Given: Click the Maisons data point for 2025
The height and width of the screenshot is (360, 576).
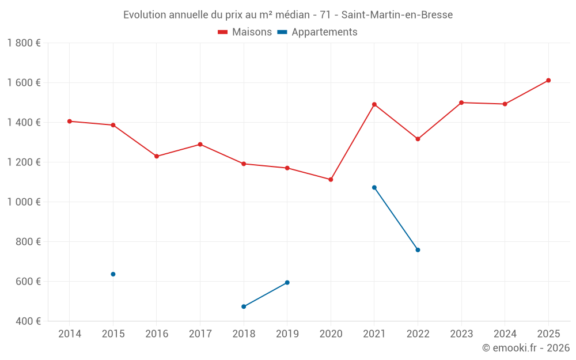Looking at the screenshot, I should pyautogui.click(x=548, y=81).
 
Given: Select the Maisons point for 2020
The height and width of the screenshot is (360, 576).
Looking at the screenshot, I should pyautogui.click(x=331, y=180).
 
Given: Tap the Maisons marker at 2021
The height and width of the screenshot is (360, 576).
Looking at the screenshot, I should pyautogui.click(x=374, y=104).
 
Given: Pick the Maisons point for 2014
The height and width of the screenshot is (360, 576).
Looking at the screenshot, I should pyautogui.click(x=70, y=122).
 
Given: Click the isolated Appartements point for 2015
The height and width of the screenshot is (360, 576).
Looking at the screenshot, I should pyautogui.click(x=113, y=274).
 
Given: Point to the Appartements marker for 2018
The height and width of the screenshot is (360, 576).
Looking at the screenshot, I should pyautogui.click(x=244, y=306).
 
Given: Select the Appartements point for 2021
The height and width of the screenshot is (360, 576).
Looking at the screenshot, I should pyautogui.click(x=374, y=188).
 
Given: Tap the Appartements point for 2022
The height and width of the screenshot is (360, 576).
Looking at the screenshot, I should pyautogui.click(x=418, y=250).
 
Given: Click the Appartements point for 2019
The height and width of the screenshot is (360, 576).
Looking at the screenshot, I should pyautogui.click(x=287, y=283).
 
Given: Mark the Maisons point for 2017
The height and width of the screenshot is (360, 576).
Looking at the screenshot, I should pyautogui.click(x=200, y=145).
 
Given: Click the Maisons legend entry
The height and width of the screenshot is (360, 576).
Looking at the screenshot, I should pyautogui.click(x=245, y=32).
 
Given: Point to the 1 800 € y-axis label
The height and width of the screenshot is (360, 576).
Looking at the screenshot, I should pyautogui.click(x=24, y=43).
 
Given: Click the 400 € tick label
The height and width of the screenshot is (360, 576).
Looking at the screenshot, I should pyautogui.click(x=28, y=321).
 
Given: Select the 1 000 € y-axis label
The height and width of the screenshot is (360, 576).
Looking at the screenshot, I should pyautogui.click(x=24, y=202).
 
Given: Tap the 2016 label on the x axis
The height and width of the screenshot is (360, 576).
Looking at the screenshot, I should pyautogui.click(x=157, y=334).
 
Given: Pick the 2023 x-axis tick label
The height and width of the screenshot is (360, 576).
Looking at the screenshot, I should pyautogui.click(x=461, y=334).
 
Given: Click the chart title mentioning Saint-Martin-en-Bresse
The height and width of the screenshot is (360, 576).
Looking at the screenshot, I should pyautogui.click(x=288, y=14).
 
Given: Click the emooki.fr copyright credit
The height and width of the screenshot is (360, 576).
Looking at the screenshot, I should pyautogui.click(x=526, y=348).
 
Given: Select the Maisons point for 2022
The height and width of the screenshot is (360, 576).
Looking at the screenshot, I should pyautogui.click(x=418, y=139).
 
